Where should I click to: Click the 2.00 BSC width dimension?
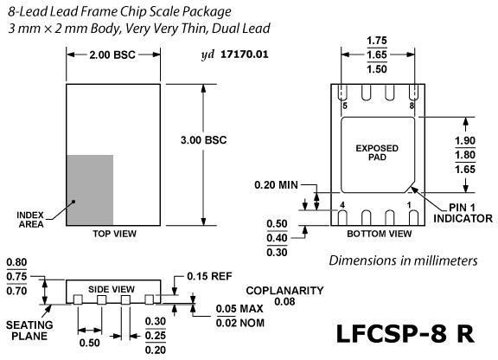[112, 55]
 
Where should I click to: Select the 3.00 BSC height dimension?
[203, 140]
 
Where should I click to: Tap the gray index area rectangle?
[90, 190]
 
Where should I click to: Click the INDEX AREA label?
[30, 220]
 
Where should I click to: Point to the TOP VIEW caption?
[115, 234]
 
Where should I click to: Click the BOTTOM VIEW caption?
[380, 234]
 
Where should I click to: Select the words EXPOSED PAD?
[377, 152]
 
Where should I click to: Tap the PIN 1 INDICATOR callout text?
[463, 213]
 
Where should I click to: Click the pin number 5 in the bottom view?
[345, 106]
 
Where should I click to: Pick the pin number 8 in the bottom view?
[412, 106]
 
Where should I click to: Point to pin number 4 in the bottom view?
[342, 205]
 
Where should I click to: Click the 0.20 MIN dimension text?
[277, 185]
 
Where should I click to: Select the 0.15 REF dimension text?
[209, 276]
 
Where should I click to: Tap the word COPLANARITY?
[284, 291]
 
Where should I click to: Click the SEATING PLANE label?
[29, 331]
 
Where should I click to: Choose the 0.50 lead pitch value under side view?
[90, 343]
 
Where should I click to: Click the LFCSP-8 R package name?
[405, 334]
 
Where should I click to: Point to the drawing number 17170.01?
[244, 54]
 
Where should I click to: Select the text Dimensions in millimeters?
[403, 260]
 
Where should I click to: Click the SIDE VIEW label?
[112, 289]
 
